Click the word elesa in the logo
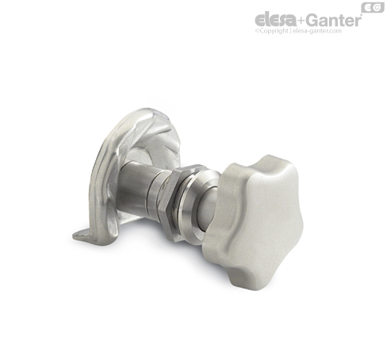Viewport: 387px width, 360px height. point(275,20)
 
